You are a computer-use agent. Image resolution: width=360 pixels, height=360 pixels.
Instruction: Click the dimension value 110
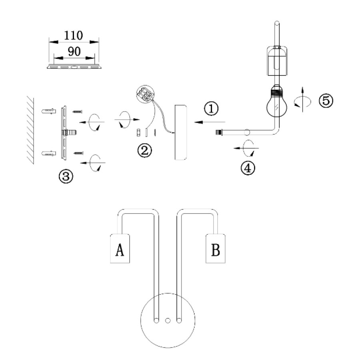pyautogui.click(x=73, y=36)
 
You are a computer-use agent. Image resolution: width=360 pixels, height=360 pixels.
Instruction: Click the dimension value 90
pyautogui.click(x=74, y=52)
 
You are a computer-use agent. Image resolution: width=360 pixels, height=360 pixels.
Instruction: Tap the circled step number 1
pyautogui.click(x=211, y=108)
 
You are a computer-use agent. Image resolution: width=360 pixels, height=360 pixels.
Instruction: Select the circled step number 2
pyautogui.click(x=145, y=151)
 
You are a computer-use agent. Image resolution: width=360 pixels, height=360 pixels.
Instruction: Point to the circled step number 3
pyautogui.click(x=66, y=176)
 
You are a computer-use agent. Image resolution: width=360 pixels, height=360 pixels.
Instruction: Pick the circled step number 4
pyautogui.click(x=248, y=168)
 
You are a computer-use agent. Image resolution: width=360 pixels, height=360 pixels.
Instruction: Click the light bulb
pyautogui.click(x=277, y=101)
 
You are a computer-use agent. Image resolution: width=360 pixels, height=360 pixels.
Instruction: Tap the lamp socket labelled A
pyautogui.click(x=120, y=248)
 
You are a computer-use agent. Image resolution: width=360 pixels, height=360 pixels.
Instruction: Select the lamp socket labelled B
pyautogui.click(x=215, y=248)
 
